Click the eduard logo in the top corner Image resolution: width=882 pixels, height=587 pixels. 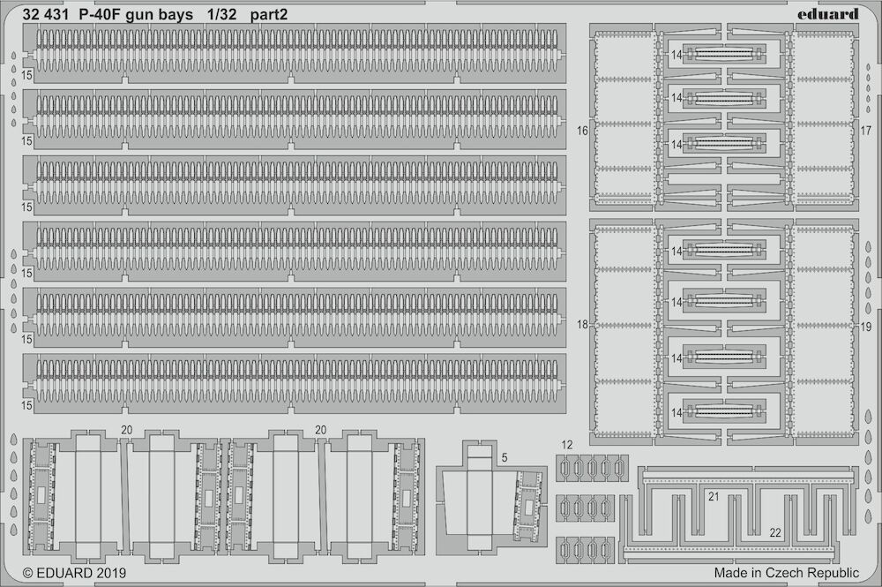827,13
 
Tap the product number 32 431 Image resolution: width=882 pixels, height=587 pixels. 46,15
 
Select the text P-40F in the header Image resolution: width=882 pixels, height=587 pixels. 100,15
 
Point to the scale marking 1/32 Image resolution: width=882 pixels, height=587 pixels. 221,15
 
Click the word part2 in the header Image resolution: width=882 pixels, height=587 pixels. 269,15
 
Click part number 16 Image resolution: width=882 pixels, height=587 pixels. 582,131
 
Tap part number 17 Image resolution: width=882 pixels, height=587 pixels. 866,131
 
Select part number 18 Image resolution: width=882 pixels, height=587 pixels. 582,325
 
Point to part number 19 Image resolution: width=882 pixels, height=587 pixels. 866,327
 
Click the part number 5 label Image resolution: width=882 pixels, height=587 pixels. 505,457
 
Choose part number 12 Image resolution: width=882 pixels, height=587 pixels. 566,445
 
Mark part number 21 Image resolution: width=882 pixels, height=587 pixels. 714,496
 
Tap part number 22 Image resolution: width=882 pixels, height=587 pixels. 775,532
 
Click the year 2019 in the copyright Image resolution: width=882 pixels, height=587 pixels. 111,573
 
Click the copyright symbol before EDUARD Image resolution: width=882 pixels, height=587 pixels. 28,574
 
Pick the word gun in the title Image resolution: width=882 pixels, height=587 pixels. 138,16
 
